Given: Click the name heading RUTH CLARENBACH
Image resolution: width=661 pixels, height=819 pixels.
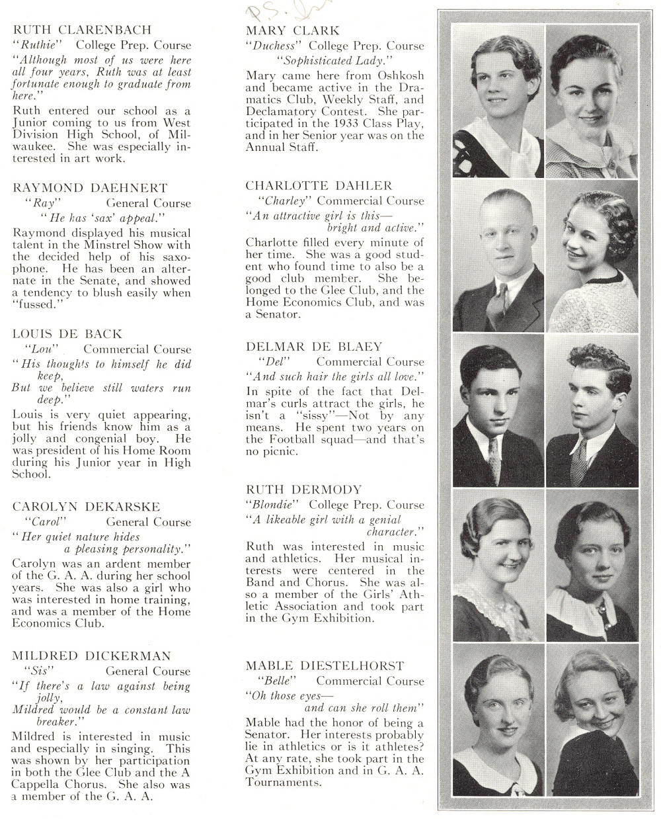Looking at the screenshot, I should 82,30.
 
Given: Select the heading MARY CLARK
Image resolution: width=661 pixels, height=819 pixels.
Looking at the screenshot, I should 292,30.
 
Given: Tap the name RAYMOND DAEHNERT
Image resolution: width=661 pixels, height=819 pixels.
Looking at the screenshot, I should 90,188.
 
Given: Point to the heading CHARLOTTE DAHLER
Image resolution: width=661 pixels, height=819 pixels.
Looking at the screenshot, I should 319,185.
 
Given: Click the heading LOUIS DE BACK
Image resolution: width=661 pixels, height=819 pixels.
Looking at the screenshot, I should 67,334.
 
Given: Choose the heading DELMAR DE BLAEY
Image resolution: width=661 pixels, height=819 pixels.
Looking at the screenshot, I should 313,347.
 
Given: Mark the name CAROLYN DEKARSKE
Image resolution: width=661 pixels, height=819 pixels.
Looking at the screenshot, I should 86,507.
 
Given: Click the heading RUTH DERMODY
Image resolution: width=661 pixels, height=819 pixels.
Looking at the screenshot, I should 303,490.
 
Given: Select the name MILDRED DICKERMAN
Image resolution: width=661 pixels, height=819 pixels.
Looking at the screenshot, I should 91,656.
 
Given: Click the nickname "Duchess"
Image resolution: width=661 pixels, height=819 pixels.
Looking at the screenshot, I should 273,46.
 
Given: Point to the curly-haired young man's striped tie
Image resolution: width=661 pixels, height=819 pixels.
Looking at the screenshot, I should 578,458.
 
